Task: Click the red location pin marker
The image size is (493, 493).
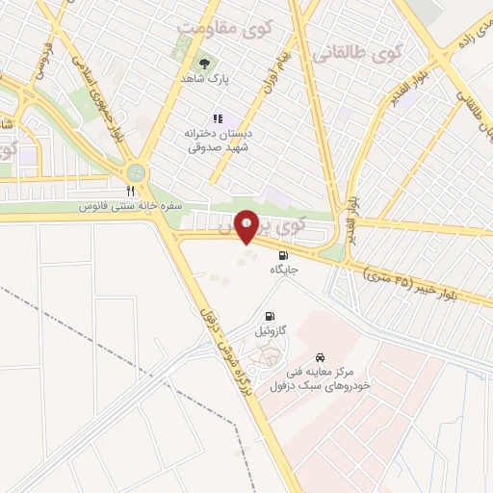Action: (246, 226)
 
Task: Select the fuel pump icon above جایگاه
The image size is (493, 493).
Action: (283, 255)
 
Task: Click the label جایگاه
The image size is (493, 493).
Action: (284, 272)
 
